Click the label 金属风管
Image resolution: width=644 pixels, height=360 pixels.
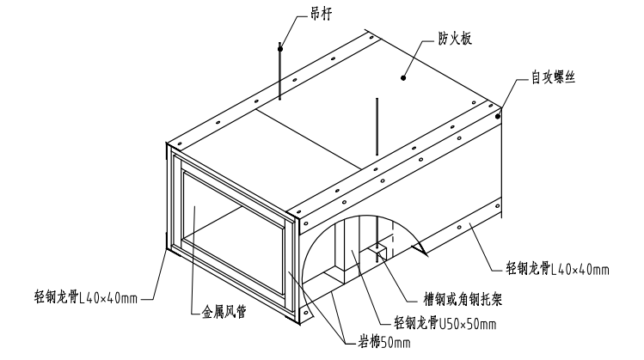[x=223, y=313]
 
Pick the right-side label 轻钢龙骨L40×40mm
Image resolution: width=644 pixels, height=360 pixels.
[x=558, y=269]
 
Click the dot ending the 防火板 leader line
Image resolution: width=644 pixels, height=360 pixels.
[x=402, y=77]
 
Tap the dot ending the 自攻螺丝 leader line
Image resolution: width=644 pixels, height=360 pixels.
[x=499, y=115]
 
